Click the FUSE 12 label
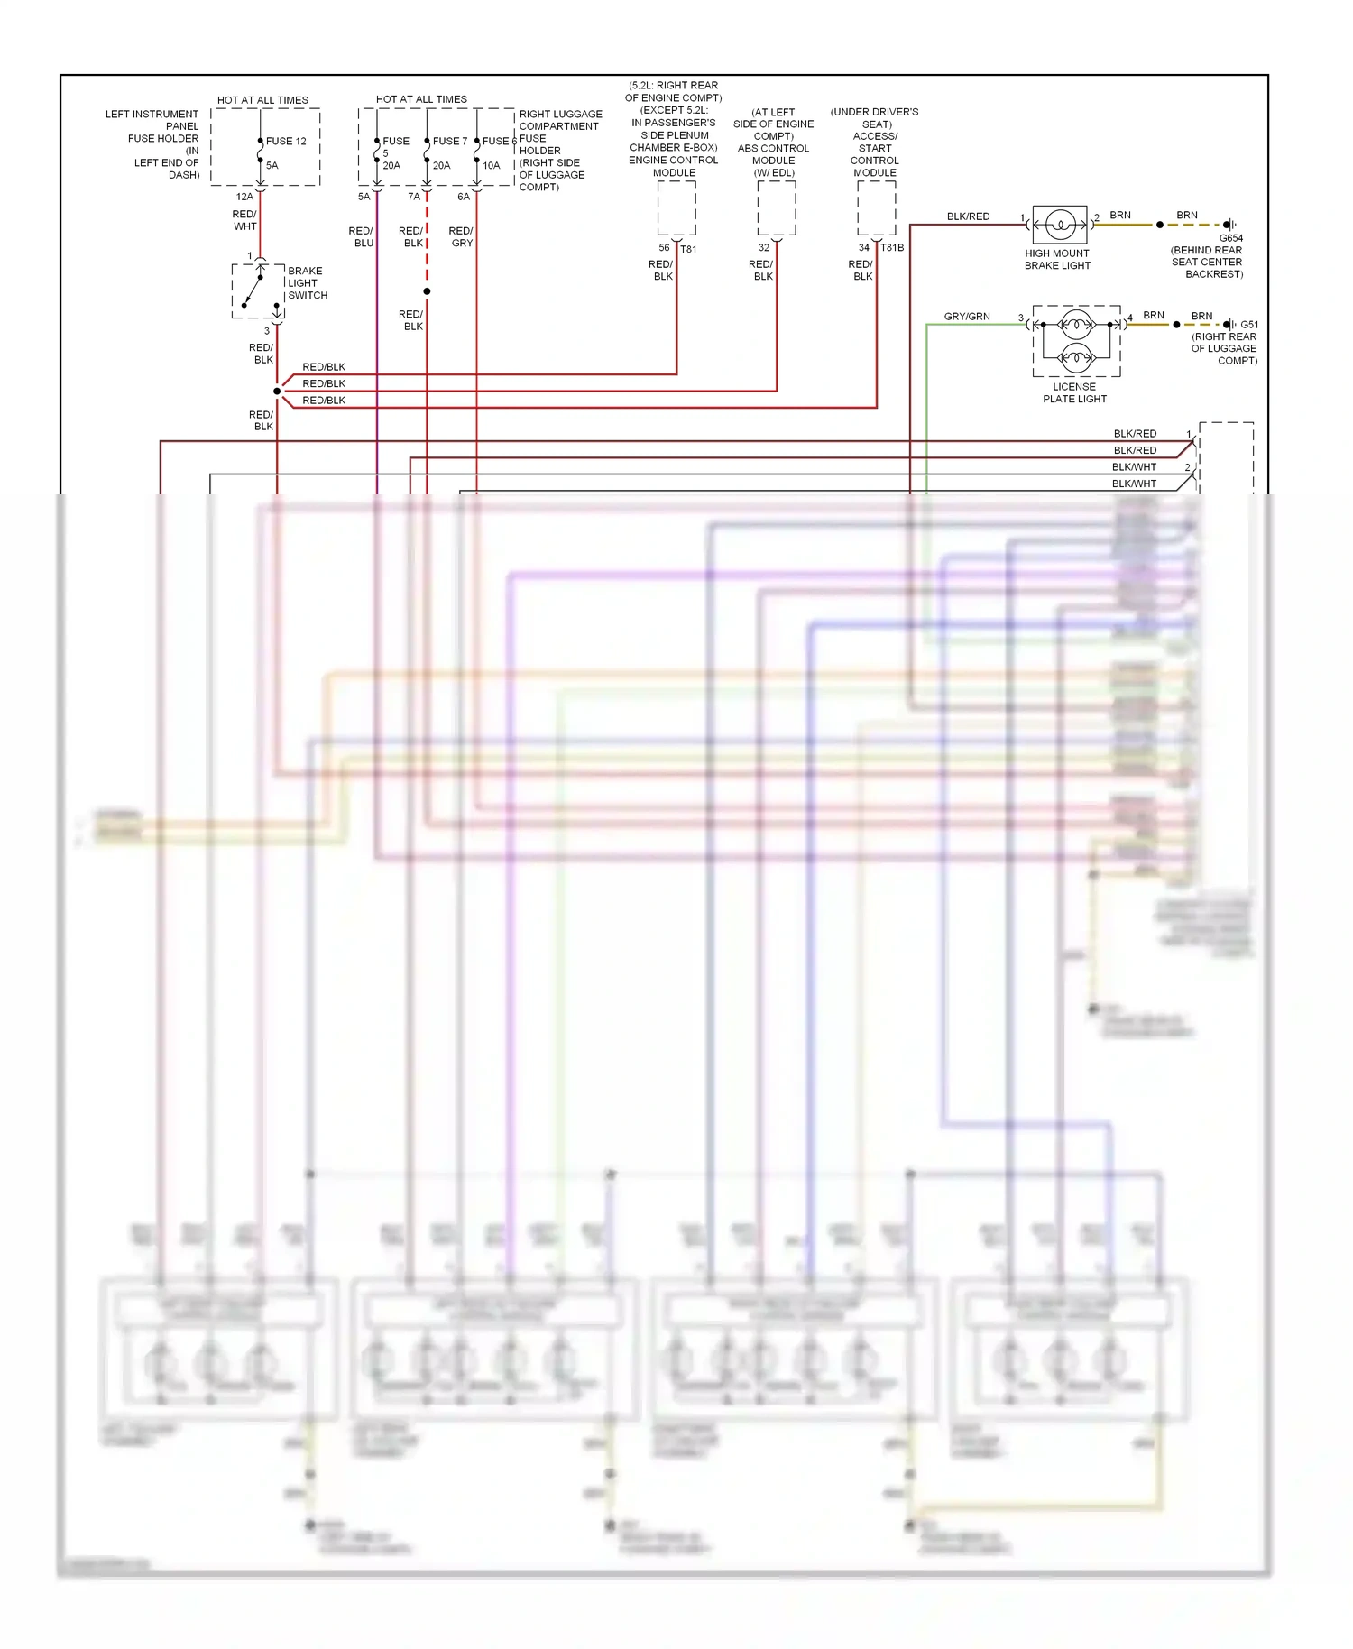(286, 142)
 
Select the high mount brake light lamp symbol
(1060, 225)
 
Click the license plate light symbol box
(1076, 340)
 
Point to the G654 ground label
(1230, 238)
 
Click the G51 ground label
(1249, 325)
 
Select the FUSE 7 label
(450, 142)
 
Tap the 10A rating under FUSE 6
(491, 166)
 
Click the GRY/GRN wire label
(967, 317)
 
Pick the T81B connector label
(892, 247)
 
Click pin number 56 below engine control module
(664, 248)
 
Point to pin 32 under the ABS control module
(764, 248)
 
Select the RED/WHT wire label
(244, 221)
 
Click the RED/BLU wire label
(362, 237)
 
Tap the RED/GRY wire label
(461, 237)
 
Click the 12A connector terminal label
(244, 197)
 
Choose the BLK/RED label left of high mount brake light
(968, 216)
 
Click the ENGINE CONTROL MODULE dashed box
(676, 208)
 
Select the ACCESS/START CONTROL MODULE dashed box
(876, 208)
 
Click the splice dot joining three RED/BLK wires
(277, 392)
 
